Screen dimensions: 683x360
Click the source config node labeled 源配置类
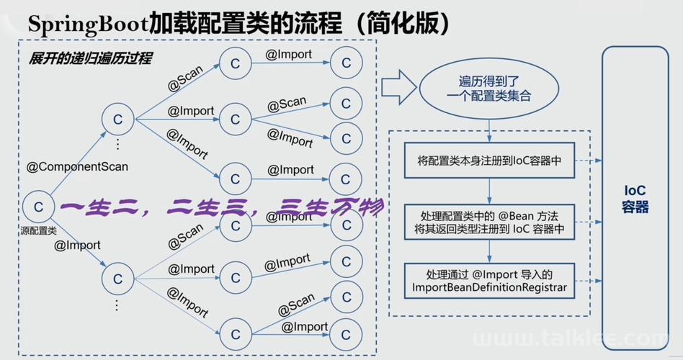(x=38, y=207)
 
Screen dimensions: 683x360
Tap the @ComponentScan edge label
(x=77, y=167)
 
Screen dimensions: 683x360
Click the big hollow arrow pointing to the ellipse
(x=399, y=88)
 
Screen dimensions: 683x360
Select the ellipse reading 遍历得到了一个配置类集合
(x=488, y=89)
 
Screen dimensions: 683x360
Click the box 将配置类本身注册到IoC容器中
(x=489, y=160)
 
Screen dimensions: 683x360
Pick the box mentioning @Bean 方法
(x=489, y=222)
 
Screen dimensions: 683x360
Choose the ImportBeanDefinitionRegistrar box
(x=489, y=281)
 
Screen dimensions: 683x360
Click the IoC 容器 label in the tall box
(x=635, y=199)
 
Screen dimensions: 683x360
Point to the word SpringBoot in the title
(x=89, y=24)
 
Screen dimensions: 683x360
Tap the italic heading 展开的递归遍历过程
(x=90, y=58)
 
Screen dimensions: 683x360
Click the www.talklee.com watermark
(x=570, y=338)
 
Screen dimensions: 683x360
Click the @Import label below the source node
(x=77, y=245)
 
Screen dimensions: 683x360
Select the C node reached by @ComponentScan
(x=117, y=120)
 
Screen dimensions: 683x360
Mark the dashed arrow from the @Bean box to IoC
(x=589, y=222)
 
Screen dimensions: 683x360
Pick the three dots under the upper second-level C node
(x=117, y=144)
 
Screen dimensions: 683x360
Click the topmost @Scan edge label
(x=186, y=78)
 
